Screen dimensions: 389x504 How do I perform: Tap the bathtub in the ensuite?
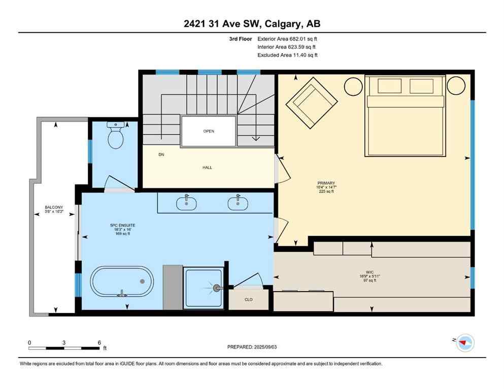[x=122, y=281]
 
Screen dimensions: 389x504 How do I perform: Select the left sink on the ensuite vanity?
[x=187, y=203]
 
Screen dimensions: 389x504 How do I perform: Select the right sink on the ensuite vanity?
[x=238, y=203]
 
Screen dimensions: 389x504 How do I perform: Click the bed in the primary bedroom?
[x=405, y=116]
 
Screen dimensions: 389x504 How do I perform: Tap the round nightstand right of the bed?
[x=456, y=86]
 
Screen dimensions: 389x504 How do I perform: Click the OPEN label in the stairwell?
[x=209, y=131]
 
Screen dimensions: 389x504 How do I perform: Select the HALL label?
[x=207, y=168]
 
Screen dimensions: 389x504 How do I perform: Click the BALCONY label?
[x=54, y=208]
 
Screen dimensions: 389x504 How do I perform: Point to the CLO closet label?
[x=249, y=299]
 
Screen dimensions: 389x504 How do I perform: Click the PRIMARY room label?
[x=326, y=183]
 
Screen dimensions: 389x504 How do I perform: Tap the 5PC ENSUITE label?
[x=123, y=225]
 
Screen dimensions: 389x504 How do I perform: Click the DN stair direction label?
[x=161, y=154]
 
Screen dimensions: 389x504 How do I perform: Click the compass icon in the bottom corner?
[x=464, y=343]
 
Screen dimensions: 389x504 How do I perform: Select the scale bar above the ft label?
[x=64, y=348]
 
